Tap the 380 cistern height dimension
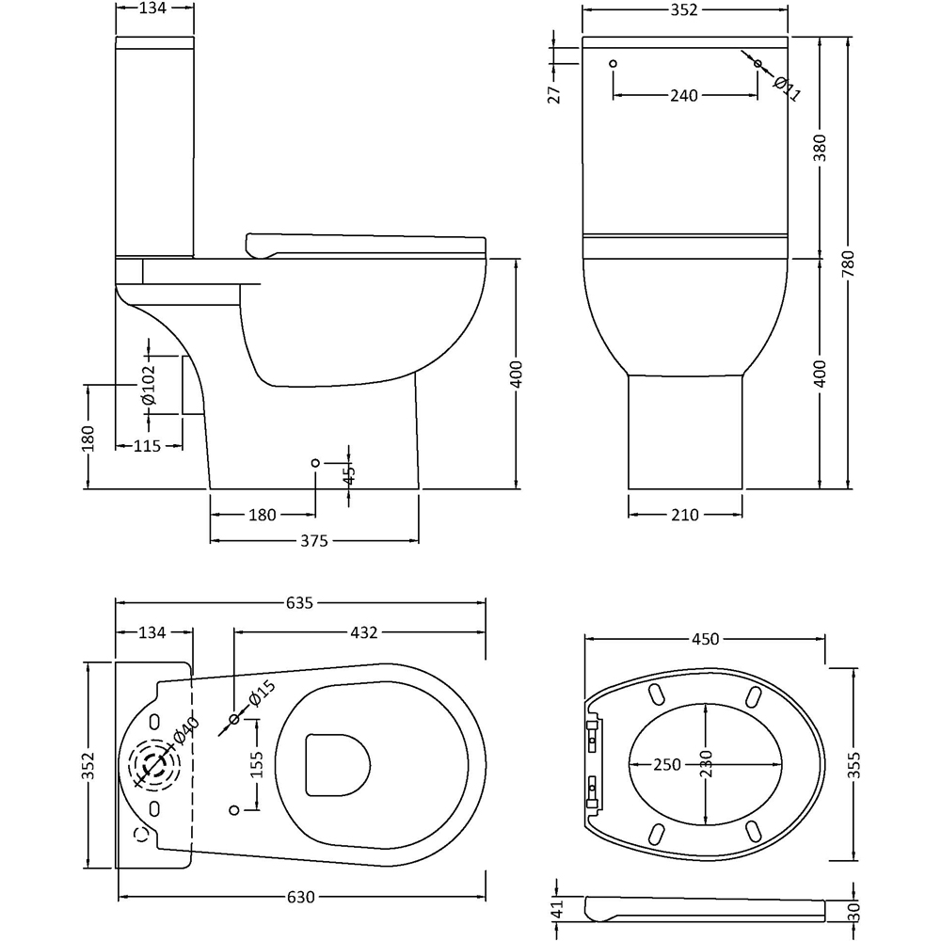coord(820,148)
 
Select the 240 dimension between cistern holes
coord(684,95)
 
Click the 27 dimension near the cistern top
coord(554,93)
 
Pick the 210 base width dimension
coord(685,515)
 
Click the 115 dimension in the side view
coord(146,446)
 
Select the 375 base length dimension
coord(313,540)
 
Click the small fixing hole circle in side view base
coord(315,463)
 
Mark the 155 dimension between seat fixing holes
coord(255,766)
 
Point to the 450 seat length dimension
coord(705,639)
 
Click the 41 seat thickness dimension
coord(555,910)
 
